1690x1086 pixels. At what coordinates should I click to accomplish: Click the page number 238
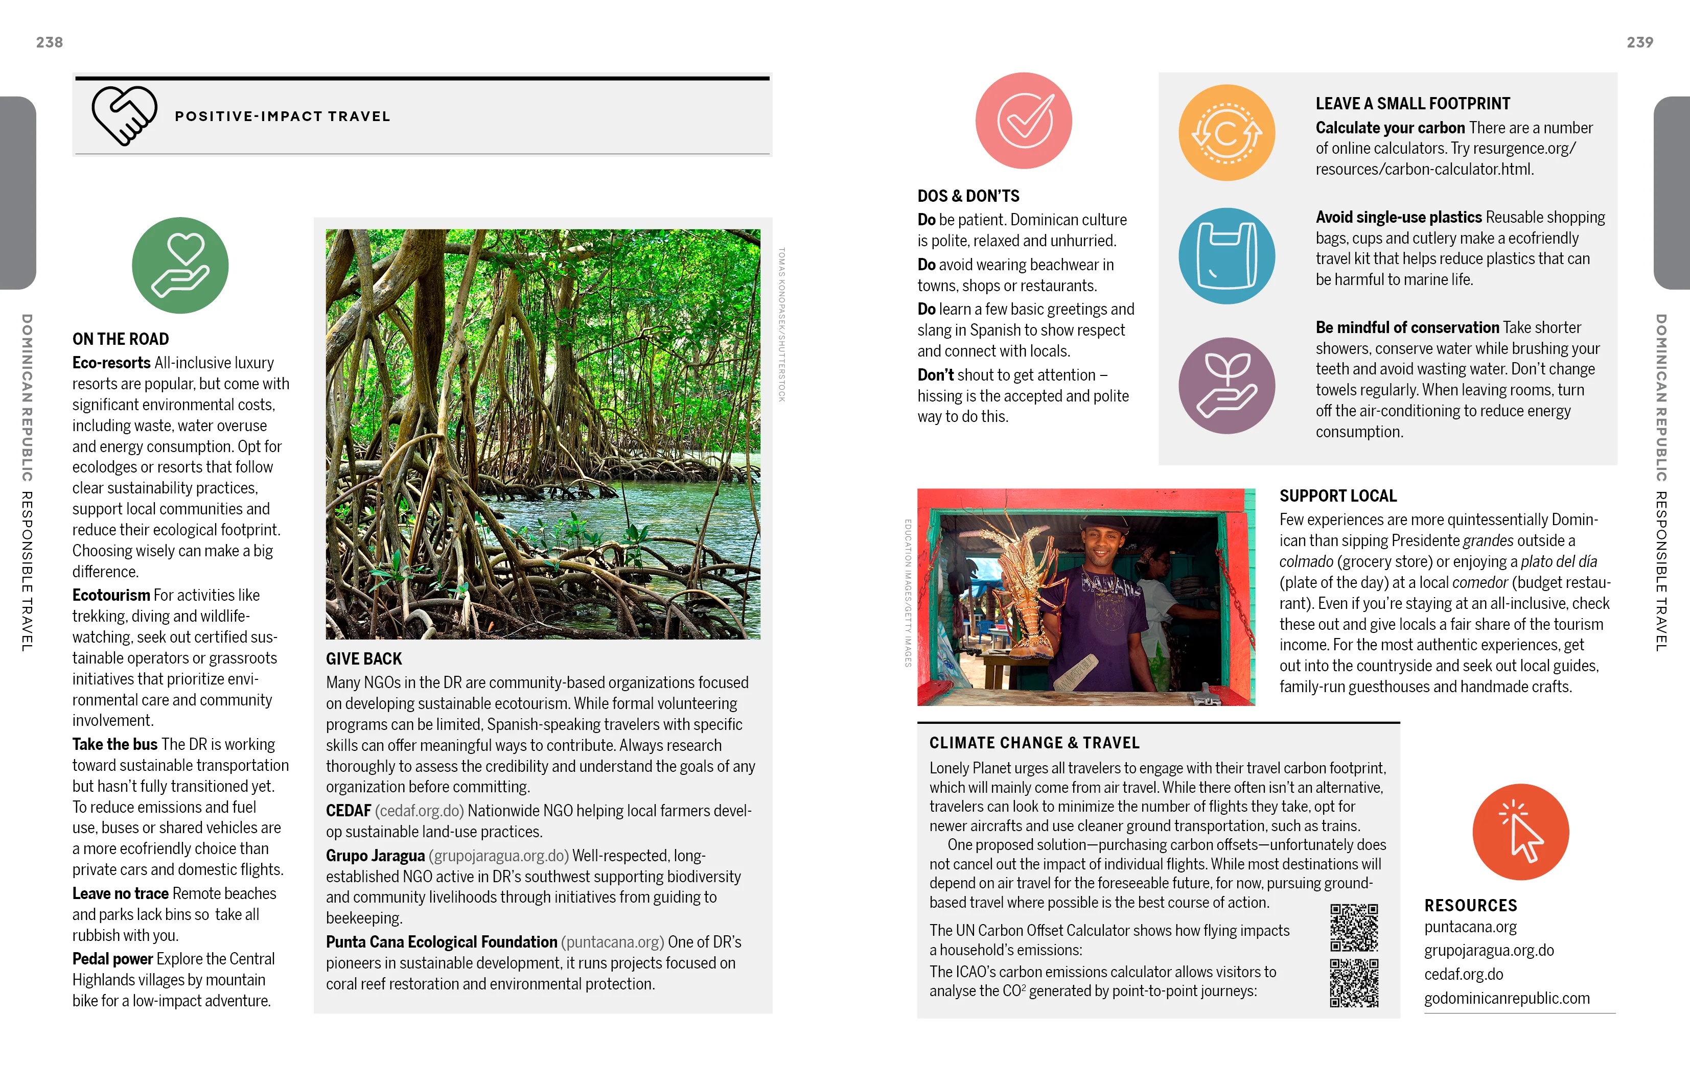coord(50,42)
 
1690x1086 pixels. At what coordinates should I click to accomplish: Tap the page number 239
coord(1639,42)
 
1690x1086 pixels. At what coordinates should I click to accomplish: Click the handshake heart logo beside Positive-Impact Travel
coord(124,115)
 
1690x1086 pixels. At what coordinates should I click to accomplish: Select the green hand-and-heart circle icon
coord(180,265)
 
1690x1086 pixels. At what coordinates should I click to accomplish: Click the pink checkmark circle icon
coord(1024,121)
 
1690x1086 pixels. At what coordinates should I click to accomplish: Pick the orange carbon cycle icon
coord(1226,133)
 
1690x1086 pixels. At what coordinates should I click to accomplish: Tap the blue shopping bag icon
coord(1226,255)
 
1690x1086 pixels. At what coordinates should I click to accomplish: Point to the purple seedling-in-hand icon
coord(1226,385)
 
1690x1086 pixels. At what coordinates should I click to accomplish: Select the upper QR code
coord(1354,927)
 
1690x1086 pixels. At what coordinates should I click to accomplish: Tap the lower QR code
coord(1354,982)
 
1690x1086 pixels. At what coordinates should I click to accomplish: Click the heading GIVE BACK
coord(363,658)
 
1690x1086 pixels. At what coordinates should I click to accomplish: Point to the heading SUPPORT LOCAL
coord(1337,496)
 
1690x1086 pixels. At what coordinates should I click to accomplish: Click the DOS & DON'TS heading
coord(968,196)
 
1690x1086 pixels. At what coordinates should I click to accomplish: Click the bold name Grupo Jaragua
coord(375,856)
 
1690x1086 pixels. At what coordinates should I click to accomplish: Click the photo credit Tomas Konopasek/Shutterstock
coord(781,324)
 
